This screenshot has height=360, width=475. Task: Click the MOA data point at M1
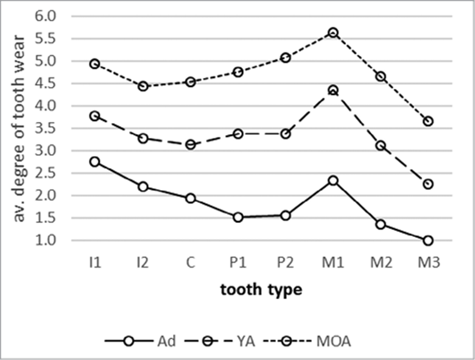(x=333, y=33)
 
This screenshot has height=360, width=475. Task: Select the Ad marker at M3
(x=427, y=241)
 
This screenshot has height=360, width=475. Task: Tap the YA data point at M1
(x=333, y=91)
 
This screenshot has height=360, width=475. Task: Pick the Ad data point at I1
(x=94, y=162)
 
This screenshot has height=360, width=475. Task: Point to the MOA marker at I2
(x=142, y=86)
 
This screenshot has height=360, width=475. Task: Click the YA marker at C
(x=190, y=144)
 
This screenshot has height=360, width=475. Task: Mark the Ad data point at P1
(x=237, y=217)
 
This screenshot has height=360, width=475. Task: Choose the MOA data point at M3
(x=427, y=121)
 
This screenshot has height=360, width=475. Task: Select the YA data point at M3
(x=427, y=184)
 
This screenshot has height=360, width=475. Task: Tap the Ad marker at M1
(x=333, y=181)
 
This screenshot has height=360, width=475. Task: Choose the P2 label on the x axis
(x=285, y=263)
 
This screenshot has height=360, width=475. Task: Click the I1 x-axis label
(x=94, y=263)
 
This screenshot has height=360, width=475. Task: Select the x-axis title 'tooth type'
(x=261, y=290)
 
